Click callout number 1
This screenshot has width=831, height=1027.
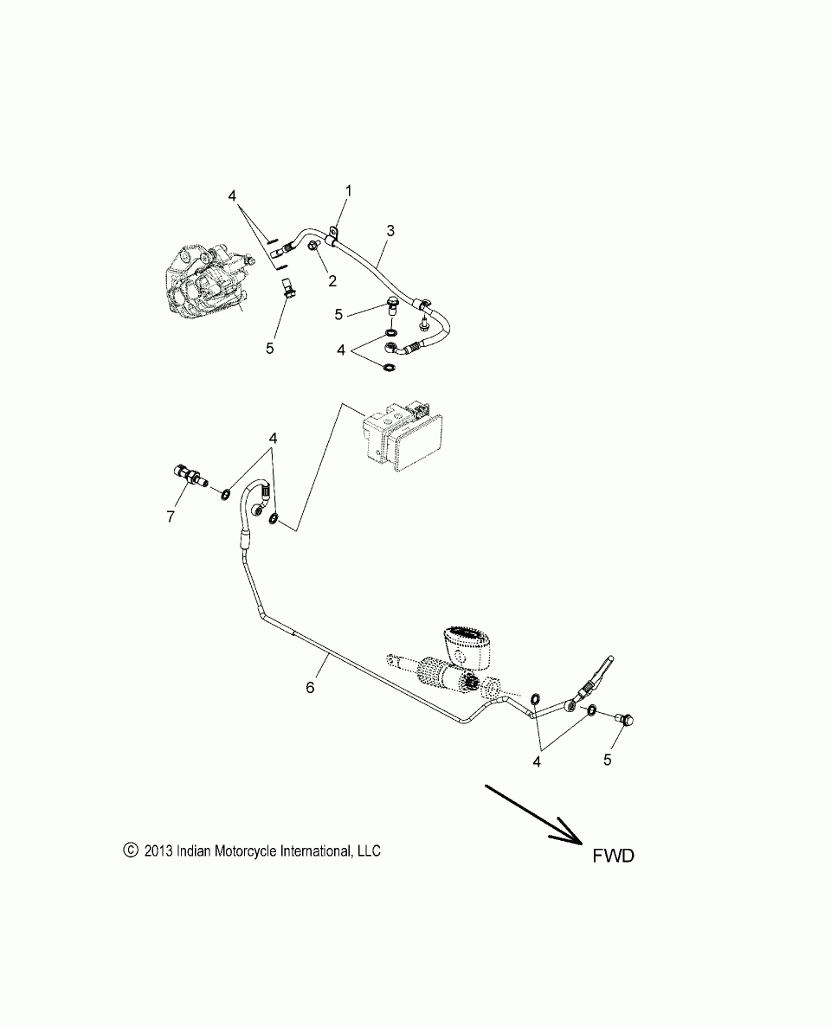[x=349, y=189]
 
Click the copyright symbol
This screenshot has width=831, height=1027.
[x=131, y=850]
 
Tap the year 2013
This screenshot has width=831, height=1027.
[x=159, y=850]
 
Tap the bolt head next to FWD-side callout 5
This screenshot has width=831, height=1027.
[x=627, y=718]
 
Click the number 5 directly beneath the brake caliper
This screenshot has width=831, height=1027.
[x=269, y=348]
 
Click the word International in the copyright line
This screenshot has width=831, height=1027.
[x=313, y=850]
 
